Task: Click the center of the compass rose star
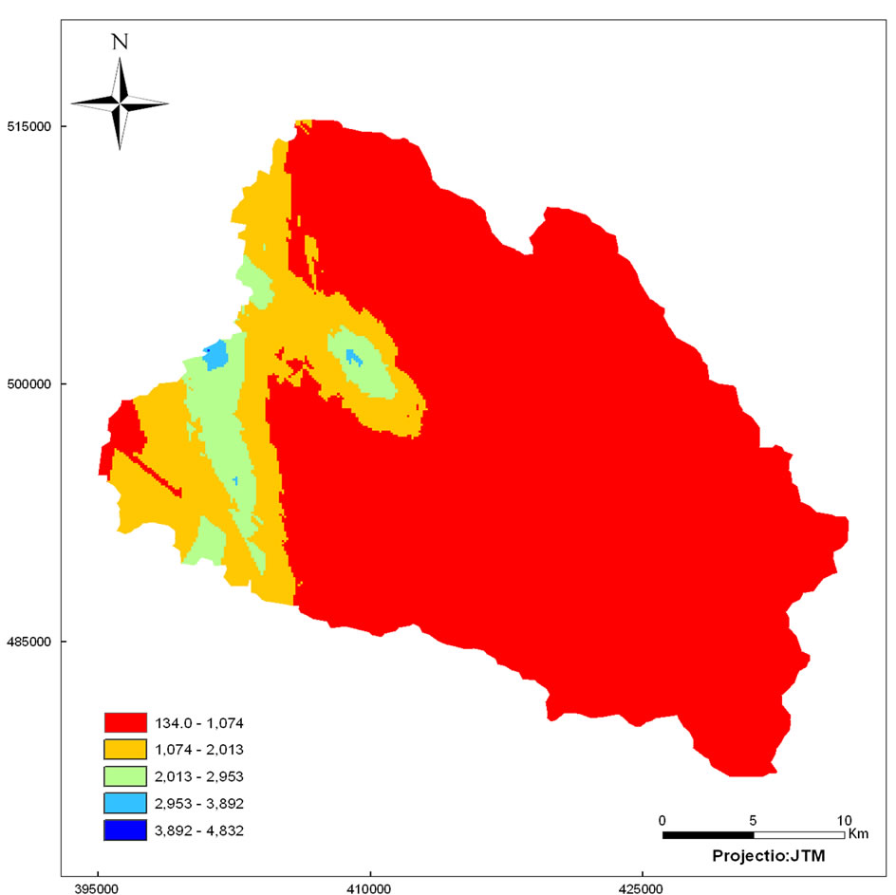click(120, 103)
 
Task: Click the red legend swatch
click(127, 722)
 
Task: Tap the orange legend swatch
click(127, 750)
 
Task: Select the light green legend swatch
click(127, 776)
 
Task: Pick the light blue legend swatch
click(127, 804)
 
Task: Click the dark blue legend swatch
click(127, 830)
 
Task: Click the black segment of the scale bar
click(708, 834)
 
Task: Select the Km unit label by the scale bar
click(858, 834)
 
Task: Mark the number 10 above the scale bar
click(845, 819)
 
